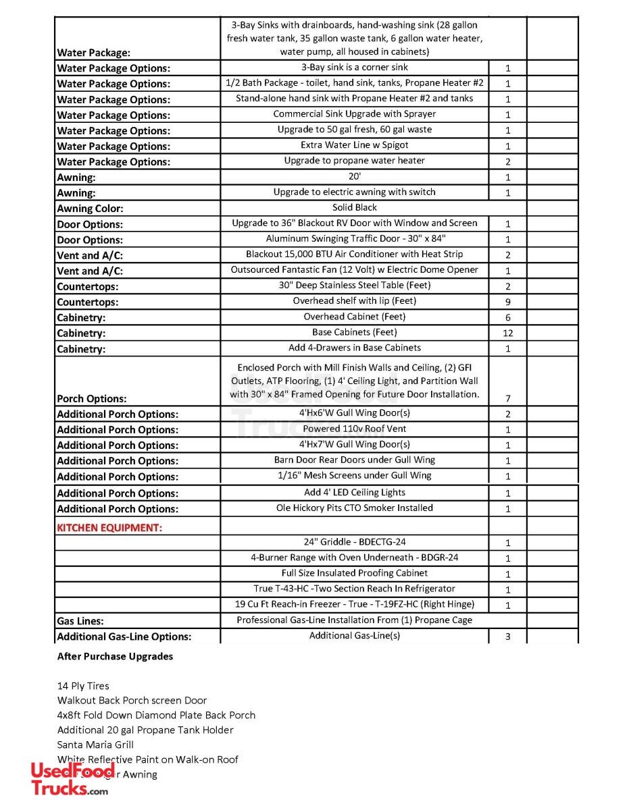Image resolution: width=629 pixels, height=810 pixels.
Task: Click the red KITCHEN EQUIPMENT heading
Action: click(x=109, y=528)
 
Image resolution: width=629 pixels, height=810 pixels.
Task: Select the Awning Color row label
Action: click(x=90, y=209)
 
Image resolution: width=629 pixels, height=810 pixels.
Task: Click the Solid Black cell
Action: click(x=355, y=208)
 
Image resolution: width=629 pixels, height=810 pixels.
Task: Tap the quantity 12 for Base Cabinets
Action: click(x=507, y=333)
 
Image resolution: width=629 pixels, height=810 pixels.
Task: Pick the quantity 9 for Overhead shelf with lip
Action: click(x=507, y=302)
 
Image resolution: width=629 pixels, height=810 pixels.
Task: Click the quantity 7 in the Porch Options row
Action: click(x=507, y=399)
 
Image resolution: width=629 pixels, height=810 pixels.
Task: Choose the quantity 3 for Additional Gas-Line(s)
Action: click(x=507, y=637)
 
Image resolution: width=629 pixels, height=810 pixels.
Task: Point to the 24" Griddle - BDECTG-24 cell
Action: click(x=355, y=542)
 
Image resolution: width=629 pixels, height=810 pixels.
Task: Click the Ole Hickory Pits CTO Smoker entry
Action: click(x=355, y=508)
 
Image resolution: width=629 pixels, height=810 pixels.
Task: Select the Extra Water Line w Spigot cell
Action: click(x=355, y=145)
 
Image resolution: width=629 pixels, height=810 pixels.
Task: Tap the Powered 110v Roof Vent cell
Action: click(x=355, y=429)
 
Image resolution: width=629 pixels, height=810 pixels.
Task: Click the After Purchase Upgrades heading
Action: click(x=115, y=656)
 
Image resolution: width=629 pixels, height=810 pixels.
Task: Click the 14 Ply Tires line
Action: click(x=83, y=686)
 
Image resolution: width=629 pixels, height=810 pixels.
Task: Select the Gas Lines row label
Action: click(x=80, y=621)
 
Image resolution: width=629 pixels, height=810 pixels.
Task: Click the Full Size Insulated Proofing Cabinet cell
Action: click(x=355, y=573)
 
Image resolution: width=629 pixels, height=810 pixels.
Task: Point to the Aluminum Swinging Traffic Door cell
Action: click(x=355, y=239)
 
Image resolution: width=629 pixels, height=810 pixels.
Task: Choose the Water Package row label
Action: click(x=94, y=52)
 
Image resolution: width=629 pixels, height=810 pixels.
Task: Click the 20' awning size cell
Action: click(x=355, y=177)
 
